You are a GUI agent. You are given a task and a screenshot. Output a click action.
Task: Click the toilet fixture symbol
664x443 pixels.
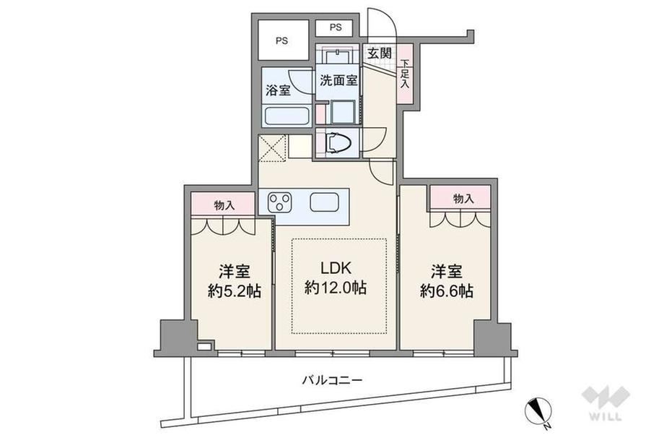click(x=338, y=143)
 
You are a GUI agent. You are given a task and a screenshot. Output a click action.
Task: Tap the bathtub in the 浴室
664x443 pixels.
click(x=287, y=116)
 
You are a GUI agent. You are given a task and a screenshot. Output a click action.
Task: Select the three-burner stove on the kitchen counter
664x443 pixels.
click(x=280, y=202)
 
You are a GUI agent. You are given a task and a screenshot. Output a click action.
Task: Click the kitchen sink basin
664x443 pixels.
click(x=324, y=202)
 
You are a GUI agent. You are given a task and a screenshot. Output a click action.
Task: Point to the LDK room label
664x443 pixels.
click(x=336, y=268)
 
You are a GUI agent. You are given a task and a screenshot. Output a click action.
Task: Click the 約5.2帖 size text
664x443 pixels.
click(x=234, y=291)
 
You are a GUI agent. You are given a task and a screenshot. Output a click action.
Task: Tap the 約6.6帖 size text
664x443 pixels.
click(x=447, y=291)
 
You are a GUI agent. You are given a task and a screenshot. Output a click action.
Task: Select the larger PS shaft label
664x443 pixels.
click(x=282, y=41)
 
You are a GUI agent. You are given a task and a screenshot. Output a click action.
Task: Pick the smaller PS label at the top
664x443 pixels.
click(x=336, y=27)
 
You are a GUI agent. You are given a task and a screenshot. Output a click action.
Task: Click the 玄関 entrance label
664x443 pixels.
click(x=379, y=53)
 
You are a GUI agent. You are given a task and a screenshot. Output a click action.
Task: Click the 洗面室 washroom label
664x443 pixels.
click(x=338, y=80)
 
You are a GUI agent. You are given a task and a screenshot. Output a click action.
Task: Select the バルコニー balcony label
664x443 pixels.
click(x=332, y=379)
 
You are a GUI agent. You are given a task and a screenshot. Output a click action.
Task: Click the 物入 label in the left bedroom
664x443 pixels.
click(x=224, y=206)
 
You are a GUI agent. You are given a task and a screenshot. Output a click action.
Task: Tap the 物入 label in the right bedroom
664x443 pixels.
click(x=463, y=198)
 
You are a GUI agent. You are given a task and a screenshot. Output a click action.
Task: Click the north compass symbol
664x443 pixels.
click(x=538, y=412)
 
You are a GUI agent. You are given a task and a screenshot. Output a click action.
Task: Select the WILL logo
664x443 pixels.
click(x=606, y=403)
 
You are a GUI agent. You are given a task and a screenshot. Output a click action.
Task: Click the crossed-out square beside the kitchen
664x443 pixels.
click(x=272, y=148)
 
